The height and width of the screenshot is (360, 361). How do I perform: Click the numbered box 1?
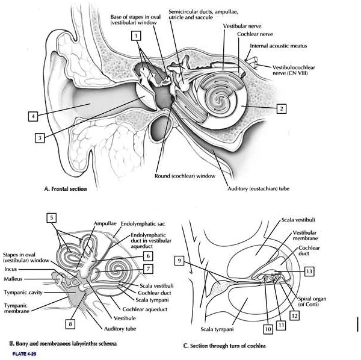(x=138, y=36)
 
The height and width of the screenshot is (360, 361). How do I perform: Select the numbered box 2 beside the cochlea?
(x=280, y=108)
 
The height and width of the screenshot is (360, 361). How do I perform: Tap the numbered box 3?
(x=39, y=137)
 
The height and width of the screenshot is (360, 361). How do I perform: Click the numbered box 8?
(x=70, y=324)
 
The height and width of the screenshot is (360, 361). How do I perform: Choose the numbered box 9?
(x=180, y=260)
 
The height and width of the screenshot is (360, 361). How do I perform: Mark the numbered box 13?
(x=309, y=271)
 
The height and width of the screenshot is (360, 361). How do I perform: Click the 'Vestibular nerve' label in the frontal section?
(x=239, y=26)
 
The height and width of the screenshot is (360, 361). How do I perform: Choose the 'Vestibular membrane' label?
(x=307, y=235)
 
